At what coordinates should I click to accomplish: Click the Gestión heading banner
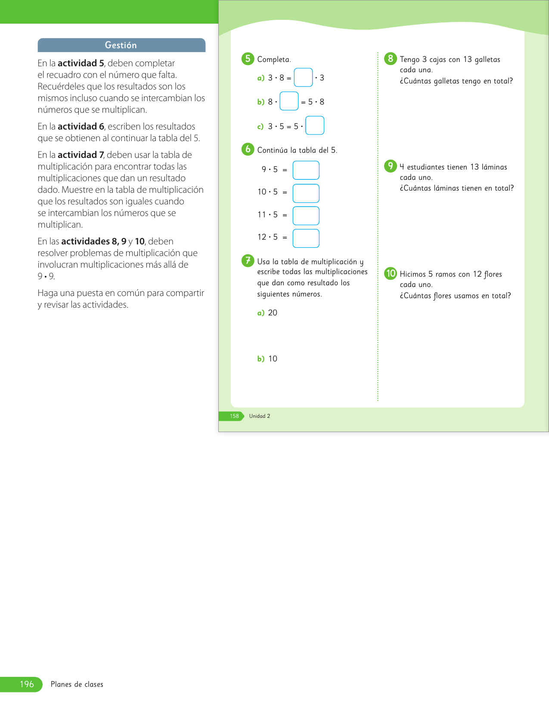click(x=121, y=45)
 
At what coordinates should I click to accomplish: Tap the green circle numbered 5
click(x=248, y=59)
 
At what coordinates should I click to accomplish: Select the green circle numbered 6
click(x=248, y=149)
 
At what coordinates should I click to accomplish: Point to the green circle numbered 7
click(x=248, y=260)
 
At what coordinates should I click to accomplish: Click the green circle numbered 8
click(x=390, y=59)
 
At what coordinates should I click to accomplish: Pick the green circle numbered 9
click(x=390, y=166)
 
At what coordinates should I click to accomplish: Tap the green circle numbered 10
click(x=390, y=273)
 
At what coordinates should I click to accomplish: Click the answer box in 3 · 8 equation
click(x=303, y=77)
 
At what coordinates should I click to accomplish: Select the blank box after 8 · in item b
click(x=289, y=101)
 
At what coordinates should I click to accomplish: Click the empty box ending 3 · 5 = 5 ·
click(x=315, y=126)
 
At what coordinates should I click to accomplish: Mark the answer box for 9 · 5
click(x=306, y=170)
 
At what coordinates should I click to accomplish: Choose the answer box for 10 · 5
click(x=306, y=193)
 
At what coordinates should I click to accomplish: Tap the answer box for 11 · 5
click(x=306, y=216)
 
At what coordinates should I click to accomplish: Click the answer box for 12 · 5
click(x=306, y=238)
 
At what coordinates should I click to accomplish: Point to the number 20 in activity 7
click(x=273, y=313)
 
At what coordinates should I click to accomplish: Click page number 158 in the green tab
click(x=234, y=416)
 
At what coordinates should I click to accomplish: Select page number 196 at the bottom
click(x=27, y=684)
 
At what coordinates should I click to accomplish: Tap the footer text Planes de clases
click(x=77, y=684)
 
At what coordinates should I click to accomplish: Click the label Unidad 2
click(x=260, y=416)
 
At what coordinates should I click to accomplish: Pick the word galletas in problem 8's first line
click(x=487, y=60)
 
